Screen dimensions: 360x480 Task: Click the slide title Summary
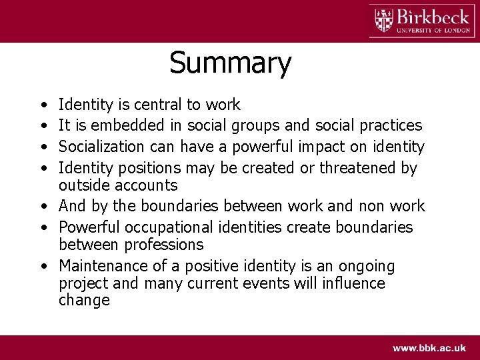(230, 63)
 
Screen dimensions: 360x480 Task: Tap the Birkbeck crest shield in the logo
(383, 20)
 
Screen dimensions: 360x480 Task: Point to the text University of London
(433, 30)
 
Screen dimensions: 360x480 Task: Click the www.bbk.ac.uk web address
(429, 348)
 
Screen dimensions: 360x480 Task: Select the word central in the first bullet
(157, 105)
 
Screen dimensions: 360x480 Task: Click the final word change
(84, 300)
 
